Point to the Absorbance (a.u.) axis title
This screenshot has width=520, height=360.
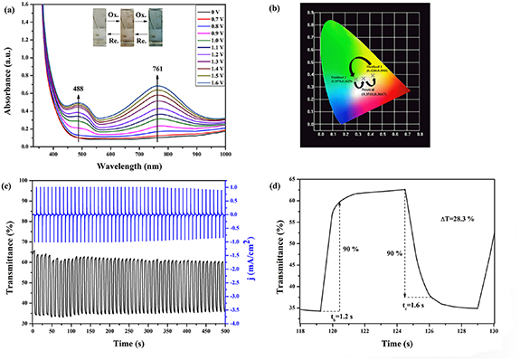point(8,78)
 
